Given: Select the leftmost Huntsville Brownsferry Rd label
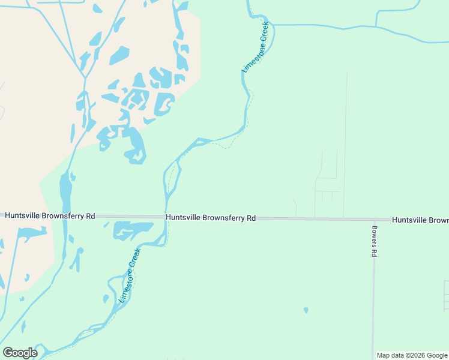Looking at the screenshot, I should (50, 215).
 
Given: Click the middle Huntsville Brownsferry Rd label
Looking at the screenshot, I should (211, 218).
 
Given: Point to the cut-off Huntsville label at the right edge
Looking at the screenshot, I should (420, 220).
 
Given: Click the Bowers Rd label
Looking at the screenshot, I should (373, 241).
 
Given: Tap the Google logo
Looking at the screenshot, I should (20, 353).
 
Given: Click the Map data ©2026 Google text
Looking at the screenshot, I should (411, 355).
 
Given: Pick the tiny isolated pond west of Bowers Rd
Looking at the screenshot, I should (306, 310).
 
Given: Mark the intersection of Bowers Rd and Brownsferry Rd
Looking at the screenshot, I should (373, 220).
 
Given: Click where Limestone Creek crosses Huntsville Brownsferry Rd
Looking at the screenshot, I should (166, 217).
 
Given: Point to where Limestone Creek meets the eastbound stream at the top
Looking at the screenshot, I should (273, 25).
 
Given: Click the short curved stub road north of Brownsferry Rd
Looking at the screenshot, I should (295, 207).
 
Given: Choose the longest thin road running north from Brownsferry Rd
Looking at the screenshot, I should (345, 144).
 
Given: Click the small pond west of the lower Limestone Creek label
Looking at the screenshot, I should (106, 298).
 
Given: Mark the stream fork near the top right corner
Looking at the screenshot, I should (376, 26).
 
